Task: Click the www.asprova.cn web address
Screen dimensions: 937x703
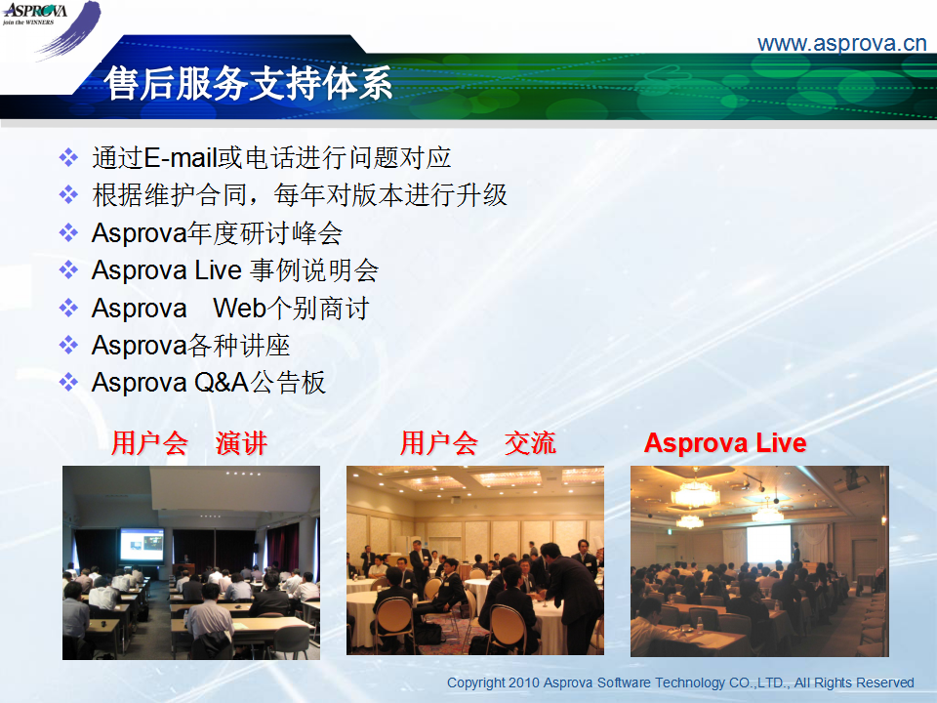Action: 841,44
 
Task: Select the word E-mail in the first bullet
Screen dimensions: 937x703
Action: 180,158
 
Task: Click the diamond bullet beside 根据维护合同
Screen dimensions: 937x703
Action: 68,195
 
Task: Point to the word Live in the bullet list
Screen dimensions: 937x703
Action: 218,270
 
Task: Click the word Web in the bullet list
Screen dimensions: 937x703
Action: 239,309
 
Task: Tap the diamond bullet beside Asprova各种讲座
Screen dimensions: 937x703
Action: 68,345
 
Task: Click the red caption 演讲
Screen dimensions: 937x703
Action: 241,443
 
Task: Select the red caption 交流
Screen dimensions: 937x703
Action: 530,443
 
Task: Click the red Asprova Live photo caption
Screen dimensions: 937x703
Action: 725,443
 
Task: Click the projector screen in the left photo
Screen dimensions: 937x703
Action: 142,545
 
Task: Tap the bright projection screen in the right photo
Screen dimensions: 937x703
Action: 768,544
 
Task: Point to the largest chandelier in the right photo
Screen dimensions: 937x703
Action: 695,494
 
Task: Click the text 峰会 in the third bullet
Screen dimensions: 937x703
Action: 316,233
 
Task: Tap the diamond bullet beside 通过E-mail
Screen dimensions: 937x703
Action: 68,158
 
